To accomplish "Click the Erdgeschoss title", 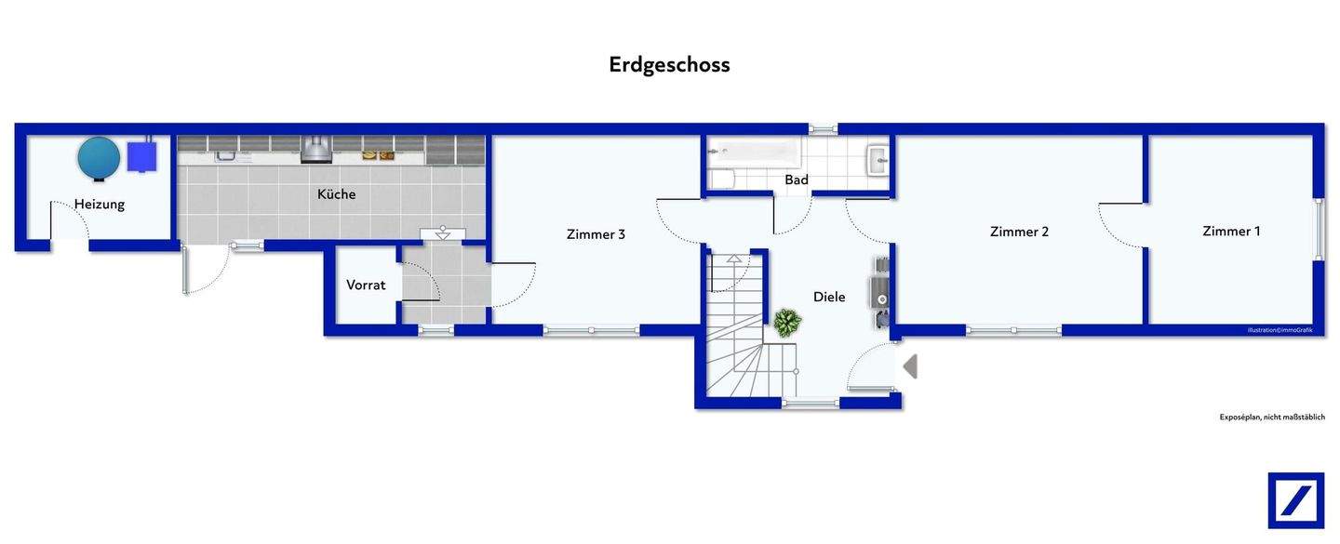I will pyautogui.click(x=669, y=64).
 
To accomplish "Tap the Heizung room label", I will pyautogui.click(x=100, y=204).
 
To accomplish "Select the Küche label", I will pyautogui.click(x=336, y=194).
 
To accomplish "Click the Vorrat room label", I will pyautogui.click(x=366, y=285).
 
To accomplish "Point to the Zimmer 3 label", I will pyautogui.click(x=596, y=234).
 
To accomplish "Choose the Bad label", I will pyautogui.click(x=797, y=179).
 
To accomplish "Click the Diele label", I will pyautogui.click(x=829, y=297).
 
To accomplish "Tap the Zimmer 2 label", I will pyautogui.click(x=1019, y=232).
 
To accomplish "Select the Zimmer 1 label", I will pyautogui.click(x=1231, y=231).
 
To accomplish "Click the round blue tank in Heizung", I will pyautogui.click(x=99, y=157).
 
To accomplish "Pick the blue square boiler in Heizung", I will pyautogui.click(x=142, y=155).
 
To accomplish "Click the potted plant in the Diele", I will pyautogui.click(x=787, y=323).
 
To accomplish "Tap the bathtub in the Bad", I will pyautogui.click(x=755, y=151).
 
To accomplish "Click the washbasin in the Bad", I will pyautogui.click(x=878, y=160).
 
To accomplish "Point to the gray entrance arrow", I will pyautogui.click(x=910, y=366).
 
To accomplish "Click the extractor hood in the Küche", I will pyautogui.click(x=316, y=149).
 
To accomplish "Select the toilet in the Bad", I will pyautogui.click(x=722, y=179).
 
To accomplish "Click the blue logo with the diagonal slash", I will pyautogui.click(x=1295, y=500).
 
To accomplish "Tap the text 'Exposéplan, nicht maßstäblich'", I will pyautogui.click(x=1272, y=418).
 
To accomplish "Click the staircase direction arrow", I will pyautogui.click(x=734, y=259).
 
